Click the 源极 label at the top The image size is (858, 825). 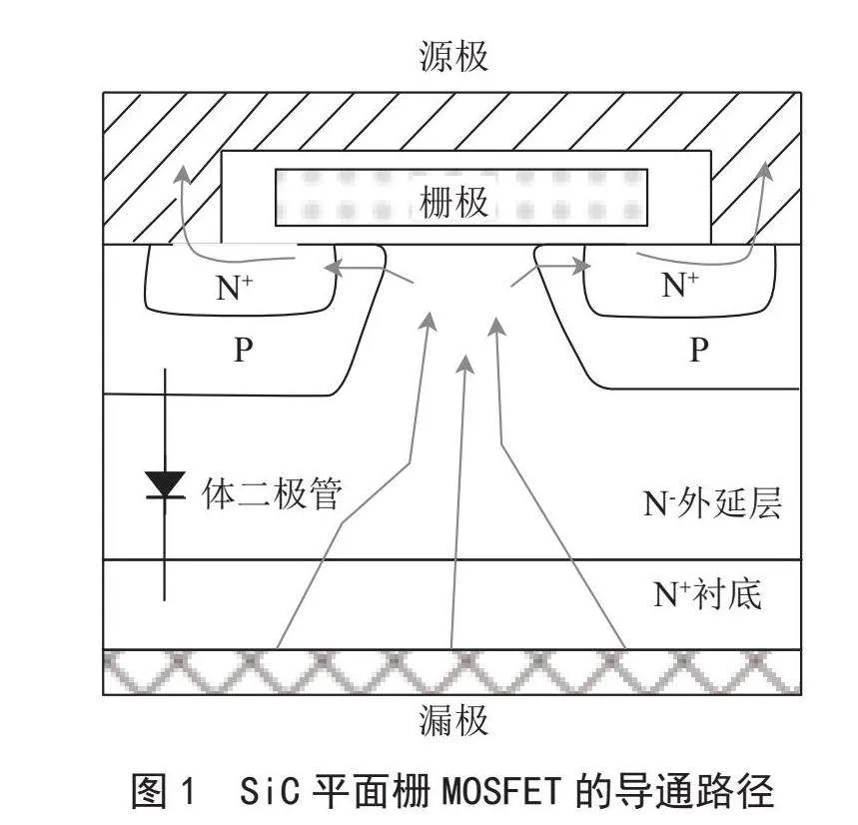(x=453, y=56)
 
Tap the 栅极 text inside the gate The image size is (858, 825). (x=453, y=202)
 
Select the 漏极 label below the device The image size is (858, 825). (x=453, y=720)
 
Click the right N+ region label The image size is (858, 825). (x=680, y=285)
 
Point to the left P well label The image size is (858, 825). (x=244, y=349)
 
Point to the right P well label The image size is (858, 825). (x=699, y=349)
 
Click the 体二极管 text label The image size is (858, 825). (x=272, y=493)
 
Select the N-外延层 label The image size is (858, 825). (x=712, y=502)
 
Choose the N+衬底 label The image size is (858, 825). (x=707, y=593)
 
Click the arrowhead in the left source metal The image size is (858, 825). (x=182, y=175)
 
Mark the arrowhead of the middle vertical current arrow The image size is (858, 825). (x=464, y=364)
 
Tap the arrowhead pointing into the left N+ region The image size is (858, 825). (x=334, y=268)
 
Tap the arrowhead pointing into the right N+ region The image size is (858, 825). (x=582, y=267)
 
